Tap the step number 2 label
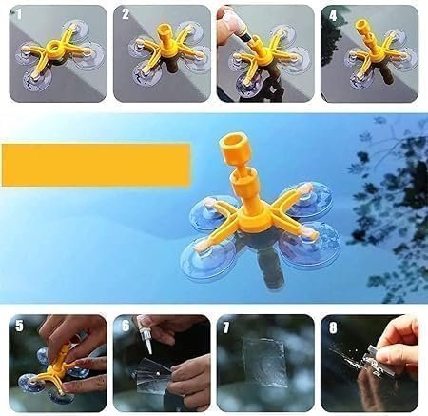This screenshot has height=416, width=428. click(x=124, y=15)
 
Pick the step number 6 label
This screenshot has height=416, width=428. click(x=124, y=327)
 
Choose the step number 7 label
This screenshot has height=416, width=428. click(x=227, y=327)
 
